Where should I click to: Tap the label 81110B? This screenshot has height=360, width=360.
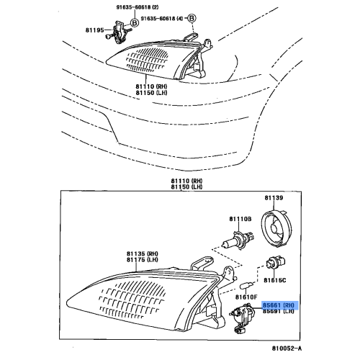[x=240, y=219]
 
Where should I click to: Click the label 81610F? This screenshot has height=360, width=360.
[x=248, y=296]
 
